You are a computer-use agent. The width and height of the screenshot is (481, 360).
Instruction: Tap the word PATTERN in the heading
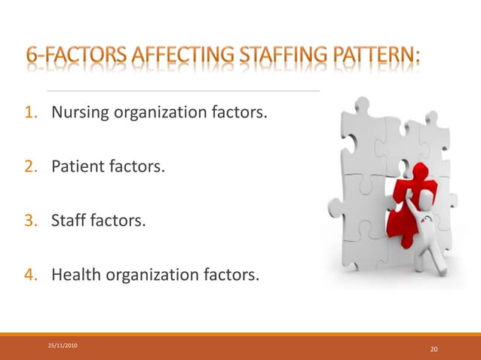click(x=379, y=56)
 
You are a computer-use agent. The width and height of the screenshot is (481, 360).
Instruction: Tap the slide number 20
click(x=434, y=349)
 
